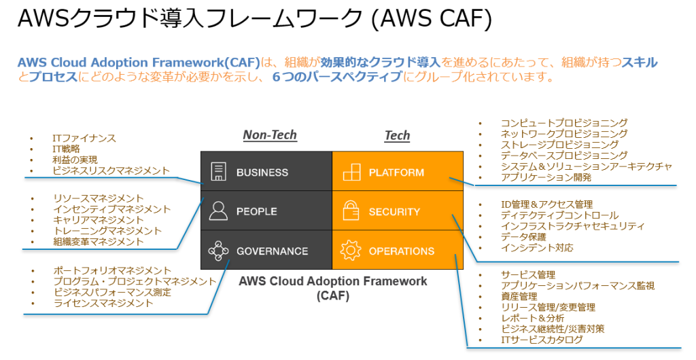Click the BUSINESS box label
(262, 173)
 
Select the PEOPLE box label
(256, 212)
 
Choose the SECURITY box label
(394, 212)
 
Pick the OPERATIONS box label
(401, 251)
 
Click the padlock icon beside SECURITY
(351, 211)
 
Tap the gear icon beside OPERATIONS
(351, 251)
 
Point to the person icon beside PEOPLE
(218, 211)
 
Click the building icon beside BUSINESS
(218, 172)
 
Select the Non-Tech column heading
(270, 135)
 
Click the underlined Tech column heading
(397, 136)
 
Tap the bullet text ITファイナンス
(84, 138)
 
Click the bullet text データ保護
(524, 237)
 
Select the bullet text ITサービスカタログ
(541, 340)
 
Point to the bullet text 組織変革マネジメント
(98, 242)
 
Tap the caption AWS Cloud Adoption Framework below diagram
(332, 281)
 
